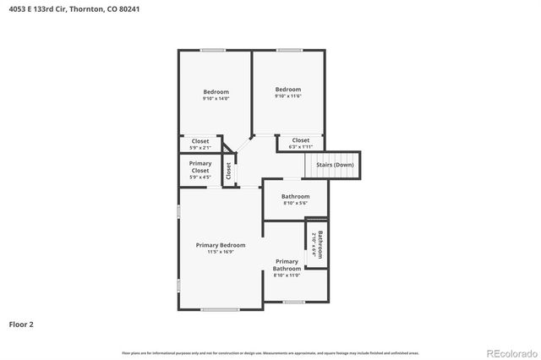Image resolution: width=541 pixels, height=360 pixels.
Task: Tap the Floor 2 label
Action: pyautogui.click(x=21, y=324)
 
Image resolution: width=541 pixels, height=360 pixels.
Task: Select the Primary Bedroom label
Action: pyautogui.click(x=221, y=245)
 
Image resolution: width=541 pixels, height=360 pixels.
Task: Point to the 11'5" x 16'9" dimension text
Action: pyautogui.click(x=221, y=252)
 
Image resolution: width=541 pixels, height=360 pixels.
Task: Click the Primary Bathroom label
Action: pyautogui.click(x=287, y=265)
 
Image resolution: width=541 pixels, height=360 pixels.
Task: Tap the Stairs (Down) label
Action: pyautogui.click(x=335, y=164)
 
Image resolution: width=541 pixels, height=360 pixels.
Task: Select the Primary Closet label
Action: pyautogui.click(x=200, y=166)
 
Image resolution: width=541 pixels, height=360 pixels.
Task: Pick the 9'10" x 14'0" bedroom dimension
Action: pyautogui.click(x=216, y=99)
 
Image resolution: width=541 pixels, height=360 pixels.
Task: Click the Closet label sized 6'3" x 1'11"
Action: pyautogui.click(x=301, y=140)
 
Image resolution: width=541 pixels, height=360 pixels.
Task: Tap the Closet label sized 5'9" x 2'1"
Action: pyautogui.click(x=200, y=141)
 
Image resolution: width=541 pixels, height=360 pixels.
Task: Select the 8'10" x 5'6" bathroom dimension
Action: pyautogui.click(x=295, y=203)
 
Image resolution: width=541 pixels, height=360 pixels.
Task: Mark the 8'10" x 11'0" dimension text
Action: pyautogui.click(x=287, y=275)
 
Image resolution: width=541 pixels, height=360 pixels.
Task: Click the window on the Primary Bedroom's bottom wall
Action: pyautogui.click(x=219, y=309)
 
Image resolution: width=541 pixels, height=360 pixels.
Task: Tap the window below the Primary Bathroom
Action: pyautogui.click(x=293, y=302)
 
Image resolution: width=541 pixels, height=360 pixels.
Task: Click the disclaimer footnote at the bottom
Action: pyautogui.click(x=270, y=352)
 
